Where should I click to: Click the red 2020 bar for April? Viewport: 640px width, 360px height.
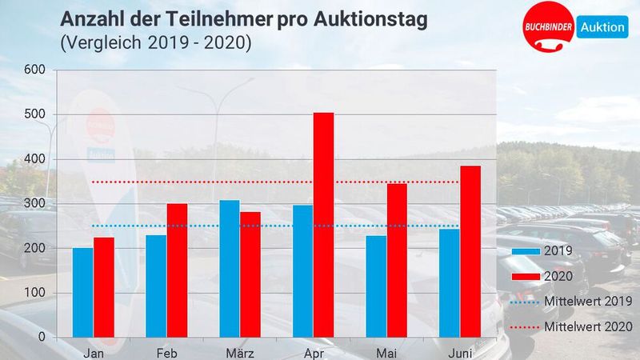click(x=323, y=225)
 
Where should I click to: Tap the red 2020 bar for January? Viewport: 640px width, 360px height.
click(x=104, y=286)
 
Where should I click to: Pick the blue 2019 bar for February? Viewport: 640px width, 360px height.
click(x=156, y=286)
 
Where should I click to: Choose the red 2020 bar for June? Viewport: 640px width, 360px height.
click(x=470, y=251)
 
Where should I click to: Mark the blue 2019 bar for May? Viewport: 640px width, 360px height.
click(x=376, y=286)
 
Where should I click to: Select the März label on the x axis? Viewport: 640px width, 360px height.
click(x=240, y=352)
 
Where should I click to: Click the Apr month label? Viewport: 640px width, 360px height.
click(x=313, y=352)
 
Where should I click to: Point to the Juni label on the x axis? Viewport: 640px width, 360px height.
click(x=460, y=352)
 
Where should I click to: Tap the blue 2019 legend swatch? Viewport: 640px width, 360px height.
click(x=525, y=250)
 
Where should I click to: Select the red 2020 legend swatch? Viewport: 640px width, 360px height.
click(x=525, y=276)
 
